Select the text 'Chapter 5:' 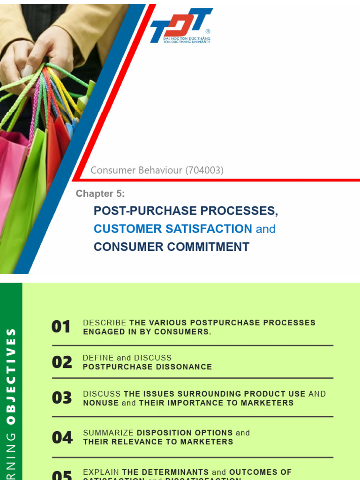point(100,194)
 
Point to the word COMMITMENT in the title point(210,247)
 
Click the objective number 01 point(61,327)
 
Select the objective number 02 point(62,362)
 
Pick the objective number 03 point(62,398)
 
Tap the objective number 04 point(62,437)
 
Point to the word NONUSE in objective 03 point(101,403)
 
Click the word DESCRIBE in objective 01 point(105,323)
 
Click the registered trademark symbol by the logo point(208,31)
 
